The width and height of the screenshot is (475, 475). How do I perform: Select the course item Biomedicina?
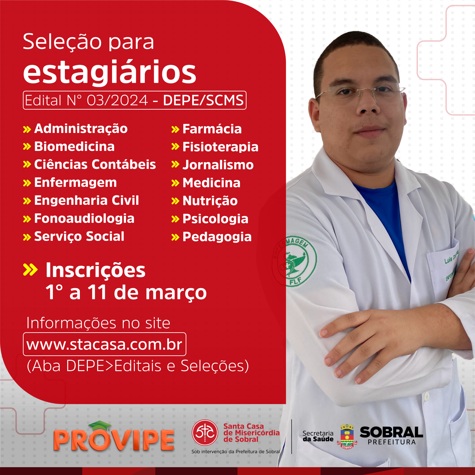pyautogui.click(x=75, y=147)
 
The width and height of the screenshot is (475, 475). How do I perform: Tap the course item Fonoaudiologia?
pyautogui.click(x=84, y=218)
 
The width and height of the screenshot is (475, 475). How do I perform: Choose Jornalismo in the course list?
pyautogui.click(x=218, y=165)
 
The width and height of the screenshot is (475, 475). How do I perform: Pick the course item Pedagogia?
pyautogui.click(x=217, y=237)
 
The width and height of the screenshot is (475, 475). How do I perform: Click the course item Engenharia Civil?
pyautogui.click(x=87, y=201)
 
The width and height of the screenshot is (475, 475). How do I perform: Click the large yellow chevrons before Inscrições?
pyautogui.click(x=30, y=270)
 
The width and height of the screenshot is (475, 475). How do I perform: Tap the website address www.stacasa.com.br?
pyautogui.click(x=105, y=344)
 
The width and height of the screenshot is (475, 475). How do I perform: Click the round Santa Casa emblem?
pyautogui.click(x=205, y=433)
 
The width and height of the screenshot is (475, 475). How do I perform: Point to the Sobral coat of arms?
pyautogui.click(x=347, y=436)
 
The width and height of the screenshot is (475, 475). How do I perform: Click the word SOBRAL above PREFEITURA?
pyautogui.click(x=391, y=432)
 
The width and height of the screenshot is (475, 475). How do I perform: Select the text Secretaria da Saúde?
pyautogui.click(x=318, y=436)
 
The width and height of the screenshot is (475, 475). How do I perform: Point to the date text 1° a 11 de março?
pyautogui.click(x=126, y=292)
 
